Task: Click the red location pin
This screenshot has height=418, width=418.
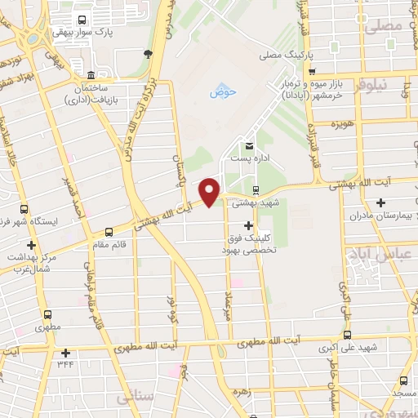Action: click(x=210, y=191)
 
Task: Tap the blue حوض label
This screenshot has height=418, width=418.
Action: click(x=222, y=93)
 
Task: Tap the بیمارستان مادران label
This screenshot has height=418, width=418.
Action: click(x=378, y=216)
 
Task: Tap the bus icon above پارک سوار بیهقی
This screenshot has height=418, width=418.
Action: click(x=81, y=20)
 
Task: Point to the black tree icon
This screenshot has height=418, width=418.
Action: click(x=149, y=54)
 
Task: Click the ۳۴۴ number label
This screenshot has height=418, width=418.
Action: click(x=65, y=365)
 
